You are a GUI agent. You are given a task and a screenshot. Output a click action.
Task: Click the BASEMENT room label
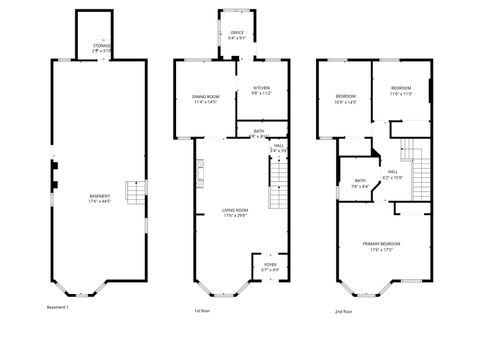pyautogui.click(x=99, y=196)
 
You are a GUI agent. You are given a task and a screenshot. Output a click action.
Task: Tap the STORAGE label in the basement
pyautogui.click(x=102, y=46)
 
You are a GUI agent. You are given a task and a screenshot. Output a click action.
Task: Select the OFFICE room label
pyautogui.click(x=237, y=33)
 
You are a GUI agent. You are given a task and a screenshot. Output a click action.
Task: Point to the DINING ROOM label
pyautogui.click(x=205, y=96)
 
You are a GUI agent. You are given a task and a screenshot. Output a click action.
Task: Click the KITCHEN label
pyautogui.click(x=261, y=88)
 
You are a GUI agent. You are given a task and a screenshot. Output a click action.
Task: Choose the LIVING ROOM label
pyautogui.click(x=234, y=209)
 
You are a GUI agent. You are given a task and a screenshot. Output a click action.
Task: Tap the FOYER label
pyautogui.click(x=270, y=264)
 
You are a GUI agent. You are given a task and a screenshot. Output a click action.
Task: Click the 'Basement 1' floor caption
pyautogui.click(x=58, y=306)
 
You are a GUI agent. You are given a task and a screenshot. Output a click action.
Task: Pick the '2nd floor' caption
pyautogui.click(x=344, y=311)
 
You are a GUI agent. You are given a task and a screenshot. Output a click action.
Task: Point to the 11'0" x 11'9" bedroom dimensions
pyautogui.click(x=401, y=94)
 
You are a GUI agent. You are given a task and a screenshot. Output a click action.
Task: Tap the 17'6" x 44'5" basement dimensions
pyautogui.click(x=99, y=201)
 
